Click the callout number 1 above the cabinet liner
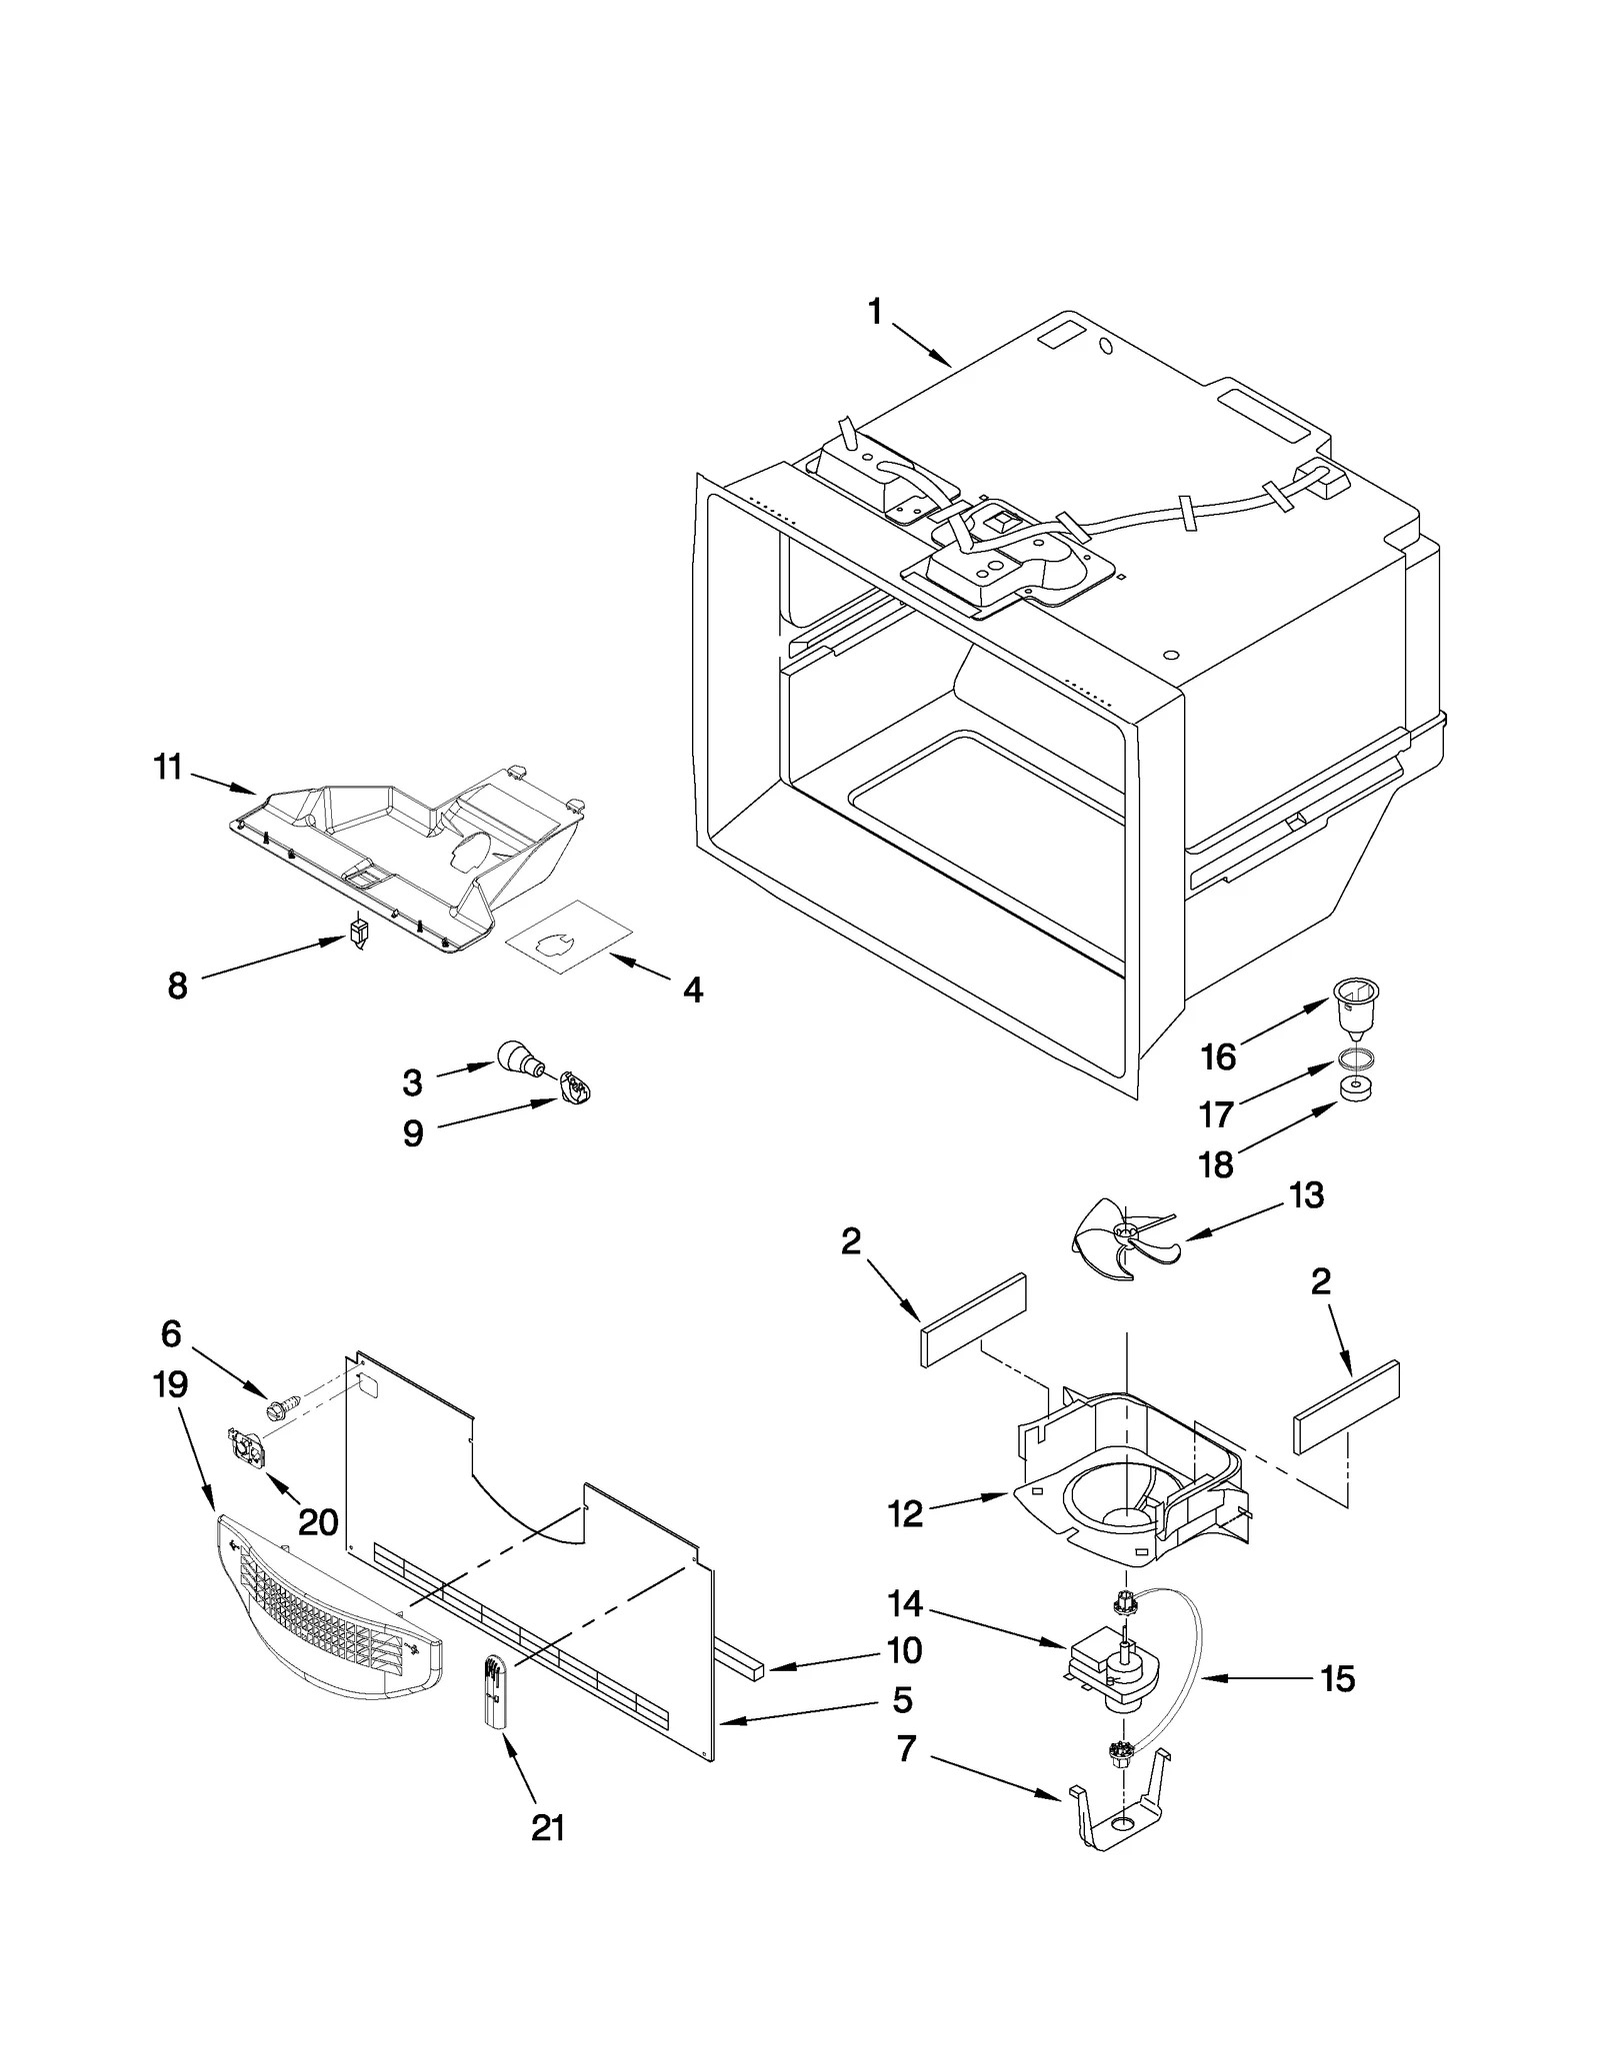(874, 313)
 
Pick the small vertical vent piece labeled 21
(495, 1689)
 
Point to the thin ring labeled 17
(1355, 1058)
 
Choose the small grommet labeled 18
(1354, 1088)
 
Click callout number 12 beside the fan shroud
(905, 1514)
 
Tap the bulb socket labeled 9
(575, 1086)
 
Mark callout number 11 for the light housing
(168, 768)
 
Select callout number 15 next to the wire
(1337, 1678)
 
